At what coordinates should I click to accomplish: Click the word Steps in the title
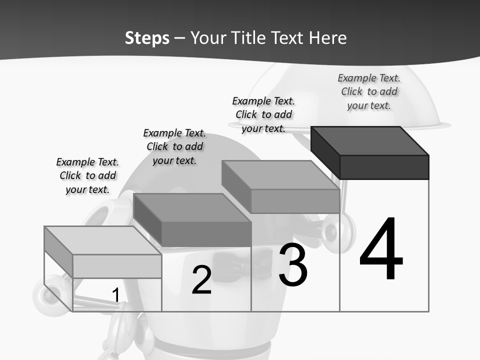[x=147, y=38]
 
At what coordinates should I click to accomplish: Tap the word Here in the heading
[x=327, y=38]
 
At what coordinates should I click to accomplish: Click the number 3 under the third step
[x=293, y=265]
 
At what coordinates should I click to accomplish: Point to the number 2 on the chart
[x=201, y=280]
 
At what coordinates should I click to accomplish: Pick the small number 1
[x=115, y=295]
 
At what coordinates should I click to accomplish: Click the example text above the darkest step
[x=369, y=91]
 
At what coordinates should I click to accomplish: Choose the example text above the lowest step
[x=87, y=175]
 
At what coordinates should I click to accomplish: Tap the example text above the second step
[x=174, y=146]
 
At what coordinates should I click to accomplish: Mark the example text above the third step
[x=263, y=114]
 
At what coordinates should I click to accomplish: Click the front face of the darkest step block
[x=384, y=167]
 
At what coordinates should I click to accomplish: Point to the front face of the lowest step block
[x=117, y=266]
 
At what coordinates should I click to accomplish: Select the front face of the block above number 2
[x=206, y=234]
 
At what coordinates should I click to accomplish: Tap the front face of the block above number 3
[x=295, y=201]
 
